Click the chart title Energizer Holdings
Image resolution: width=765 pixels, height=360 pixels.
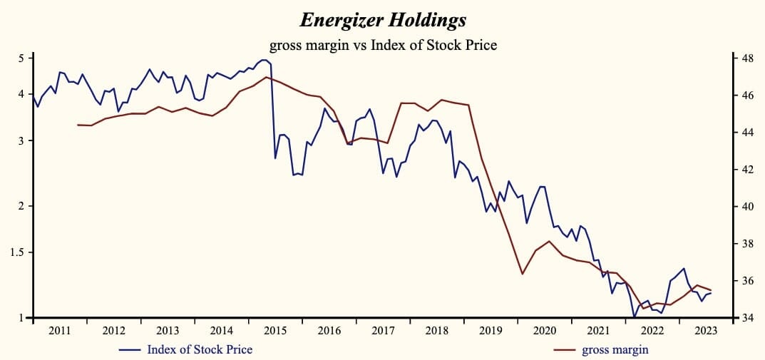pos(383,20)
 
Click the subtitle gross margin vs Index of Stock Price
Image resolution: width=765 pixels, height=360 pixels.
pos(383,44)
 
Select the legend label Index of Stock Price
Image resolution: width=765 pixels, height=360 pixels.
pos(200,349)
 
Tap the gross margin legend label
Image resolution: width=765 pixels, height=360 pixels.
pos(615,349)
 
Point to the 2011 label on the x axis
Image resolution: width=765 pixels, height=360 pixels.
pos(60,330)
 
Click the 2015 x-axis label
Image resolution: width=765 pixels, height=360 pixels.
pos(275,330)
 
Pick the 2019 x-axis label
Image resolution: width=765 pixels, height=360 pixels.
pos(491,330)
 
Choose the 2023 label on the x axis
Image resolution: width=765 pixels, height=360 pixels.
pos(706,330)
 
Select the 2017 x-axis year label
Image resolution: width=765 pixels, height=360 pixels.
pos(383,330)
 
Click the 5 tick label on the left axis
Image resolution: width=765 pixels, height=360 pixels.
pos(21,58)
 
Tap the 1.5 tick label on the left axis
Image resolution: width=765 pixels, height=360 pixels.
pos(18,252)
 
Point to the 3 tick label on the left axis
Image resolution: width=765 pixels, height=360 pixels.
pos(21,140)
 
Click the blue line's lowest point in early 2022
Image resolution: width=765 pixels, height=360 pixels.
pos(634,317)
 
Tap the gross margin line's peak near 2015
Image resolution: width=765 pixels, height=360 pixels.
pos(266,77)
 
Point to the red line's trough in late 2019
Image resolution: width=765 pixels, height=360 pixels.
pos(522,274)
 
